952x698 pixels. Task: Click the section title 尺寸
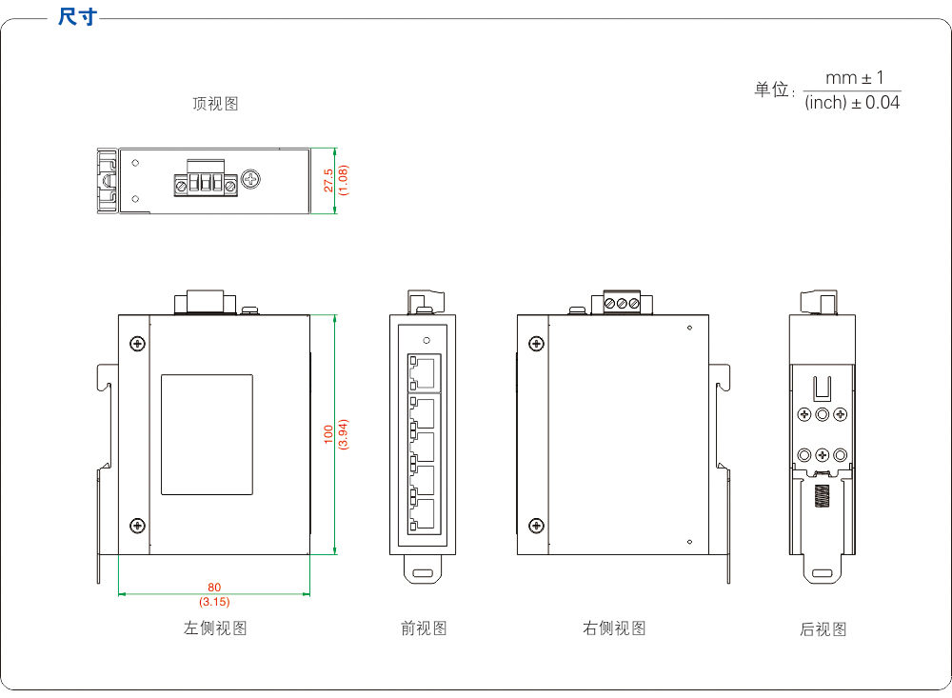pyautogui.click(x=77, y=17)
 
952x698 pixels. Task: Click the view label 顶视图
pyautogui.click(x=215, y=104)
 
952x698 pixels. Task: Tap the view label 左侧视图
pyautogui.click(x=215, y=628)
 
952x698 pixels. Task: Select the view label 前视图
pyautogui.click(x=424, y=628)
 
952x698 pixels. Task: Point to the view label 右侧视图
pyautogui.click(x=614, y=628)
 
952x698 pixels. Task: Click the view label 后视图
pyautogui.click(x=823, y=629)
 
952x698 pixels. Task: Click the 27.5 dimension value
pyautogui.click(x=328, y=181)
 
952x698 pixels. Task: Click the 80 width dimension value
pyautogui.click(x=214, y=588)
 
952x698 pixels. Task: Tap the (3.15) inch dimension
pyautogui.click(x=214, y=602)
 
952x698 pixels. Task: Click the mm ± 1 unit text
pyautogui.click(x=854, y=78)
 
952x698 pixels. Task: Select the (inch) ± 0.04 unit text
pyautogui.click(x=852, y=103)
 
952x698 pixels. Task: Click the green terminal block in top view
pyautogui.click(x=205, y=183)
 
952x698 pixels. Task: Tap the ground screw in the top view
pyautogui.click(x=251, y=179)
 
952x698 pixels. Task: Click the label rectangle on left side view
pyautogui.click(x=207, y=435)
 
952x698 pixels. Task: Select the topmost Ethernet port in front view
pyautogui.click(x=424, y=370)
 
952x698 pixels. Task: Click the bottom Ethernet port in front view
pyautogui.click(x=424, y=514)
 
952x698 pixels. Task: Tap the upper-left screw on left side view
pyautogui.click(x=138, y=344)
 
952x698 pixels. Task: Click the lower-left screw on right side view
pyautogui.click(x=536, y=526)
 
